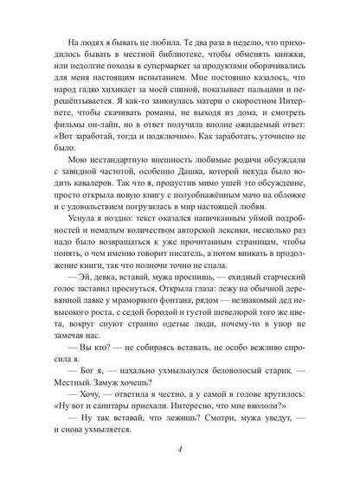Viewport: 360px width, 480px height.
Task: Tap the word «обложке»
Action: click(305, 222)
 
